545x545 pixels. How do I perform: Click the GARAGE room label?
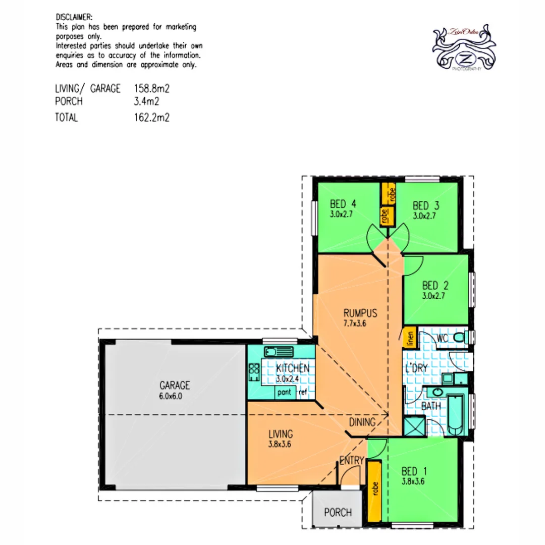(174, 386)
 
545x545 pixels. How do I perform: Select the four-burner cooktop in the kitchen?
(254, 372)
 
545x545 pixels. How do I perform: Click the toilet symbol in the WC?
(459, 337)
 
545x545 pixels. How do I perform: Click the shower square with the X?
(415, 426)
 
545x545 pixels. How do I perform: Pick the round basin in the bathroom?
(435, 394)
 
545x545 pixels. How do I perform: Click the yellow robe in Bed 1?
(374, 486)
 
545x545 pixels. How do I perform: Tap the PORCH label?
(338, 513)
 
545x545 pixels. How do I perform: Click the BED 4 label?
(343, 205)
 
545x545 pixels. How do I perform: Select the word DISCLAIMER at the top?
(74, 17)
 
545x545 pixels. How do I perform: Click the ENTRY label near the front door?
(352, 460)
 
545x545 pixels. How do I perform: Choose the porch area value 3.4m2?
(146, 101)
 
